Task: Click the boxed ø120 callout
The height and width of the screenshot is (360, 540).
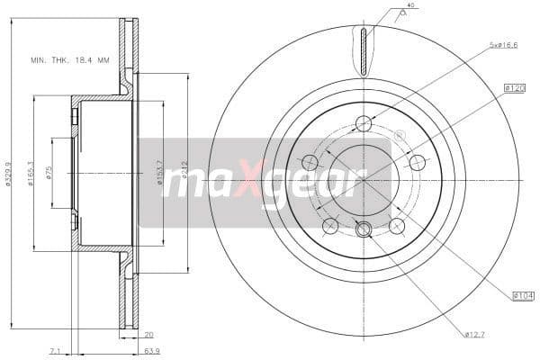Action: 515,88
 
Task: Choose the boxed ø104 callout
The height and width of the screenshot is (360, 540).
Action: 523,295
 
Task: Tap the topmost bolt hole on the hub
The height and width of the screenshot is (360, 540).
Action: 364,124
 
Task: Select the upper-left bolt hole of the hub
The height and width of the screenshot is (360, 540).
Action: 310,163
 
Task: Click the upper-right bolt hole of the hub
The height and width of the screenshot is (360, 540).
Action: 417,163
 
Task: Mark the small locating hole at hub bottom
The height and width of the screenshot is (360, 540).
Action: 364,229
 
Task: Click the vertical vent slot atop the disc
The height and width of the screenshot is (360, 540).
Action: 364,51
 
